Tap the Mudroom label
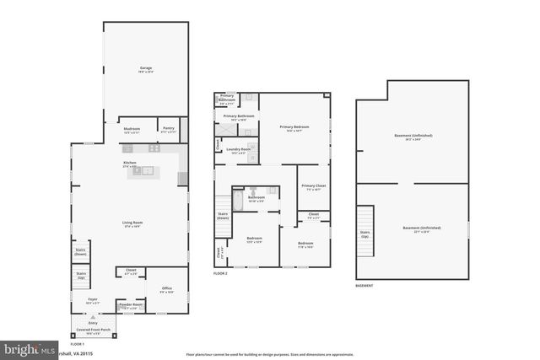[x=132, y=129]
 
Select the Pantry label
[x=169, y=129]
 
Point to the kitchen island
[x=147, y=171]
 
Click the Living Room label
[x=132, y=223]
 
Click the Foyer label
[x=93, y=299]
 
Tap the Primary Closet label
[x=313, y=186]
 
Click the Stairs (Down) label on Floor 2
[x=223, y=216]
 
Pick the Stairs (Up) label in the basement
[x=364, y=234]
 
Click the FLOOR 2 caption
[x=220, y=273]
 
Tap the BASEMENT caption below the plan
[x=364, y=286]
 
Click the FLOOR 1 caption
[x=77, y=345]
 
